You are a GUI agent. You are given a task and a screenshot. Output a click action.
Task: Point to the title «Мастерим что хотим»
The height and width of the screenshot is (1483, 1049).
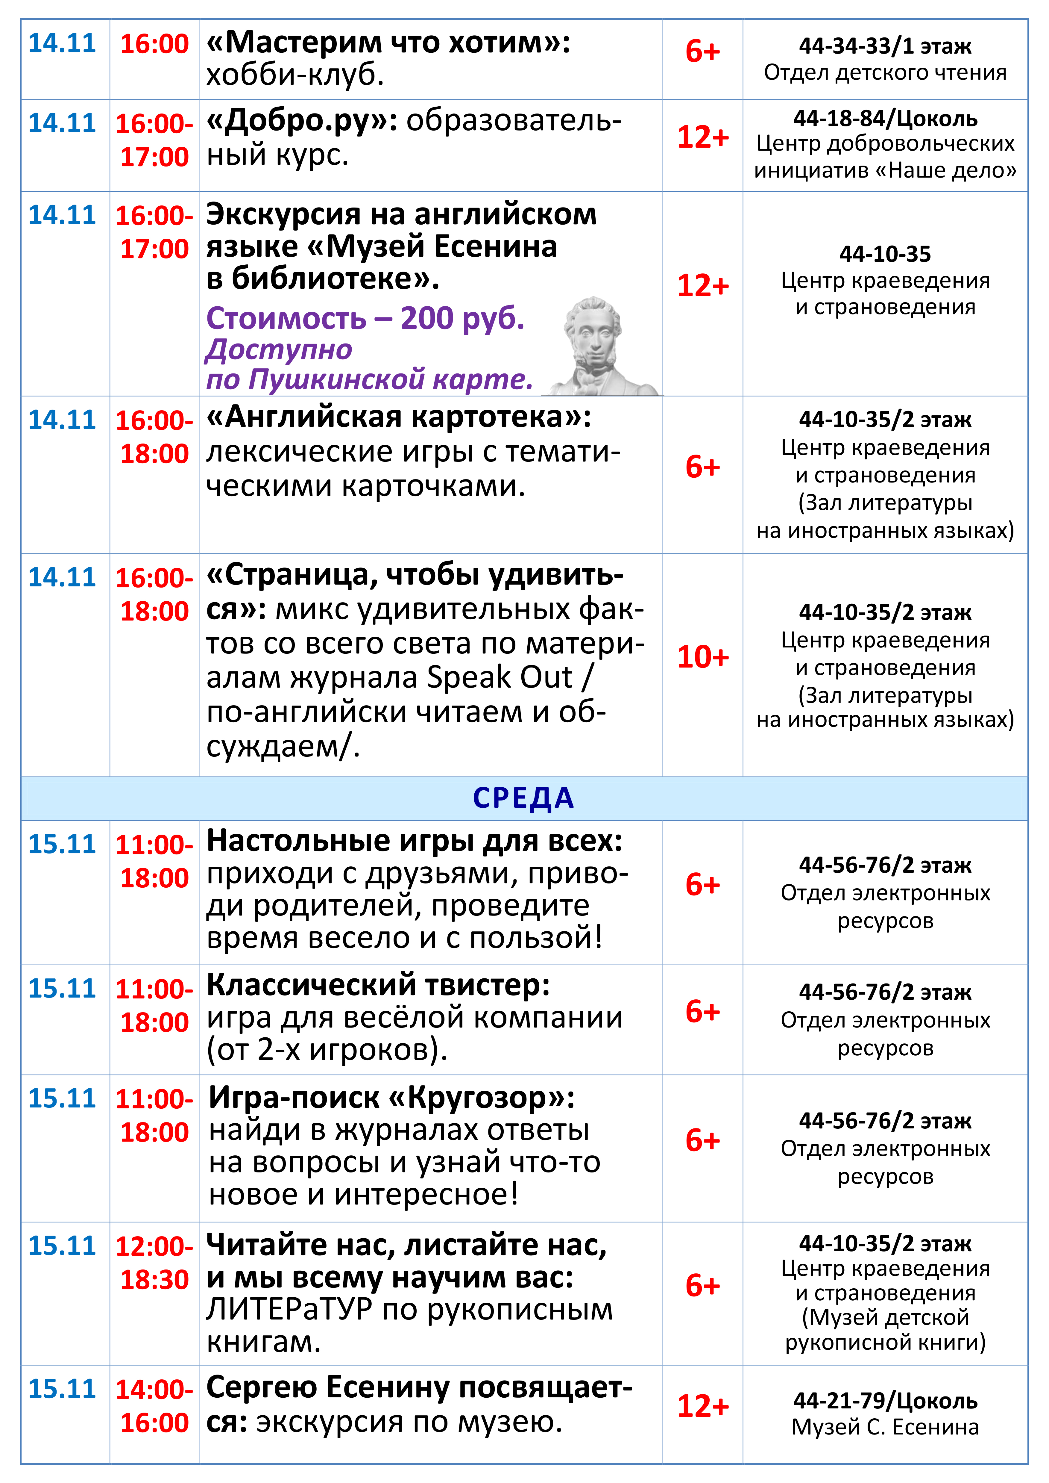click(388, 43)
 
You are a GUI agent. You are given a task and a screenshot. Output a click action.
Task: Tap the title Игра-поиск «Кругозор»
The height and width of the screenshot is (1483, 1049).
click(391, 1098)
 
